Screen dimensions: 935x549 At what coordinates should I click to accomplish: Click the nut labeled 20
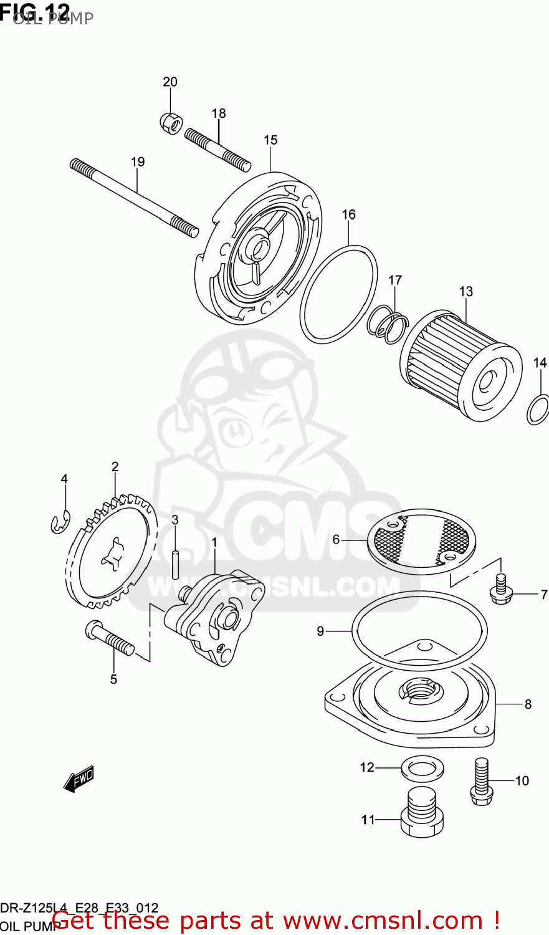[x=170, y=122]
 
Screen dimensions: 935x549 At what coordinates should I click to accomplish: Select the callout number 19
[x=138, y=162]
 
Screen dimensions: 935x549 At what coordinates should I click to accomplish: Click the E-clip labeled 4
[x=60, y=522]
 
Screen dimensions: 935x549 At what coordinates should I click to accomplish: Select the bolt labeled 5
[x=110, y=638]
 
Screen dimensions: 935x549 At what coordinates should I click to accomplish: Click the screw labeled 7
[x=500, y=588]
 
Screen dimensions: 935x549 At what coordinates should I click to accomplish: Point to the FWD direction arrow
[x=79, y=779]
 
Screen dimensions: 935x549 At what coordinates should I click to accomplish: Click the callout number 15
[x=270, y=140]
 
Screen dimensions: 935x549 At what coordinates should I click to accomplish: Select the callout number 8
[x=528, y=704]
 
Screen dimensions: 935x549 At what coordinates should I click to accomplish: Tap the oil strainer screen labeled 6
[x=421, y=540]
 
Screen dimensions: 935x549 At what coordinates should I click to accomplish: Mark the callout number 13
[x=466, y=292]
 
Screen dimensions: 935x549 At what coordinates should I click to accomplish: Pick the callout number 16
[x=348, y=215]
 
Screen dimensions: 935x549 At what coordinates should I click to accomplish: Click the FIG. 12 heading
[x=35, y=10]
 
